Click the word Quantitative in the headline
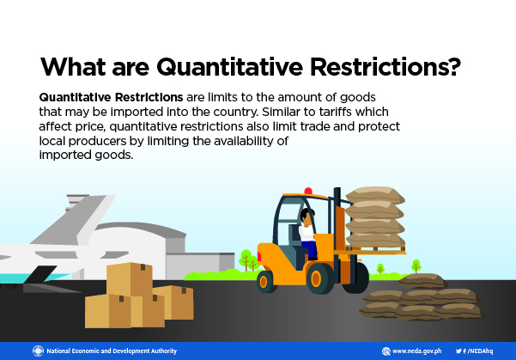pyautogui.click(x=229, y=67)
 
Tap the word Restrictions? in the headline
pyautogui.click(x=385, y=66)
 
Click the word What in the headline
pyautogui.click(x=73, y=66)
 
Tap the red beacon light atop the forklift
pyautogui.click(x=308, y=191)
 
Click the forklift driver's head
pyautogui.click(x=307, y=216)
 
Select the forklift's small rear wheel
pyautogui.click(x=267, y=282)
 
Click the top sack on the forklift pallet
pyautogui.click(x=375, y=195)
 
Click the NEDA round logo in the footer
pyautogui.click(x=38, y=351)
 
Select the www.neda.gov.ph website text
pyautogui.click(x=416, y=351)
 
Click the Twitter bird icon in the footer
pyautogui.click(x=458, y=351)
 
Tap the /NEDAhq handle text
pyautogui.click(x=480, y=351)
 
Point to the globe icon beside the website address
pyautogui.click(x=386, y=351)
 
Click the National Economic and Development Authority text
pyautogui.click(x=112, y=351)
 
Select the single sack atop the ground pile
pyautogui.click(x=422, y=281)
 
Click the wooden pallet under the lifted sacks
pyautogui.click(x=375, y=249)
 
